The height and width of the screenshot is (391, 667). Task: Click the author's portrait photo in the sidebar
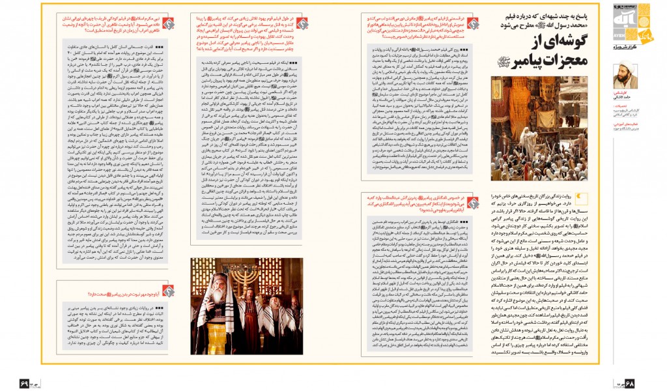625,78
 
